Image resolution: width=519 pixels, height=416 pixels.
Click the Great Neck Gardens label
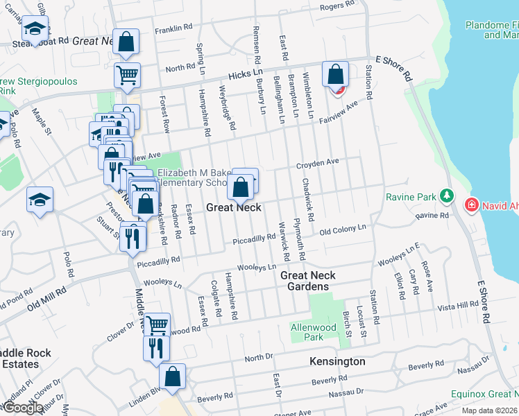tap(308, 281)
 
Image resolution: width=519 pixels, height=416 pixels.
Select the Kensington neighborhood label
tap(337, 362)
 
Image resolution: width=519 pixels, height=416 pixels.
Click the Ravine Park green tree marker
tap(447, 197)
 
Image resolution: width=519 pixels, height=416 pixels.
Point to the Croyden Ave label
tap(317, 164)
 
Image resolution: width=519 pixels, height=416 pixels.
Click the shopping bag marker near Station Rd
tap(336, 76)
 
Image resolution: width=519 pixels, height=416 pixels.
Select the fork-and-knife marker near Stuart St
tap(133, 239)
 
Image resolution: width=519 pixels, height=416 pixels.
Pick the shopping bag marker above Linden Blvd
tap(173, 378)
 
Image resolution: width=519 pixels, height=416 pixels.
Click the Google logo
tap(22, 408)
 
